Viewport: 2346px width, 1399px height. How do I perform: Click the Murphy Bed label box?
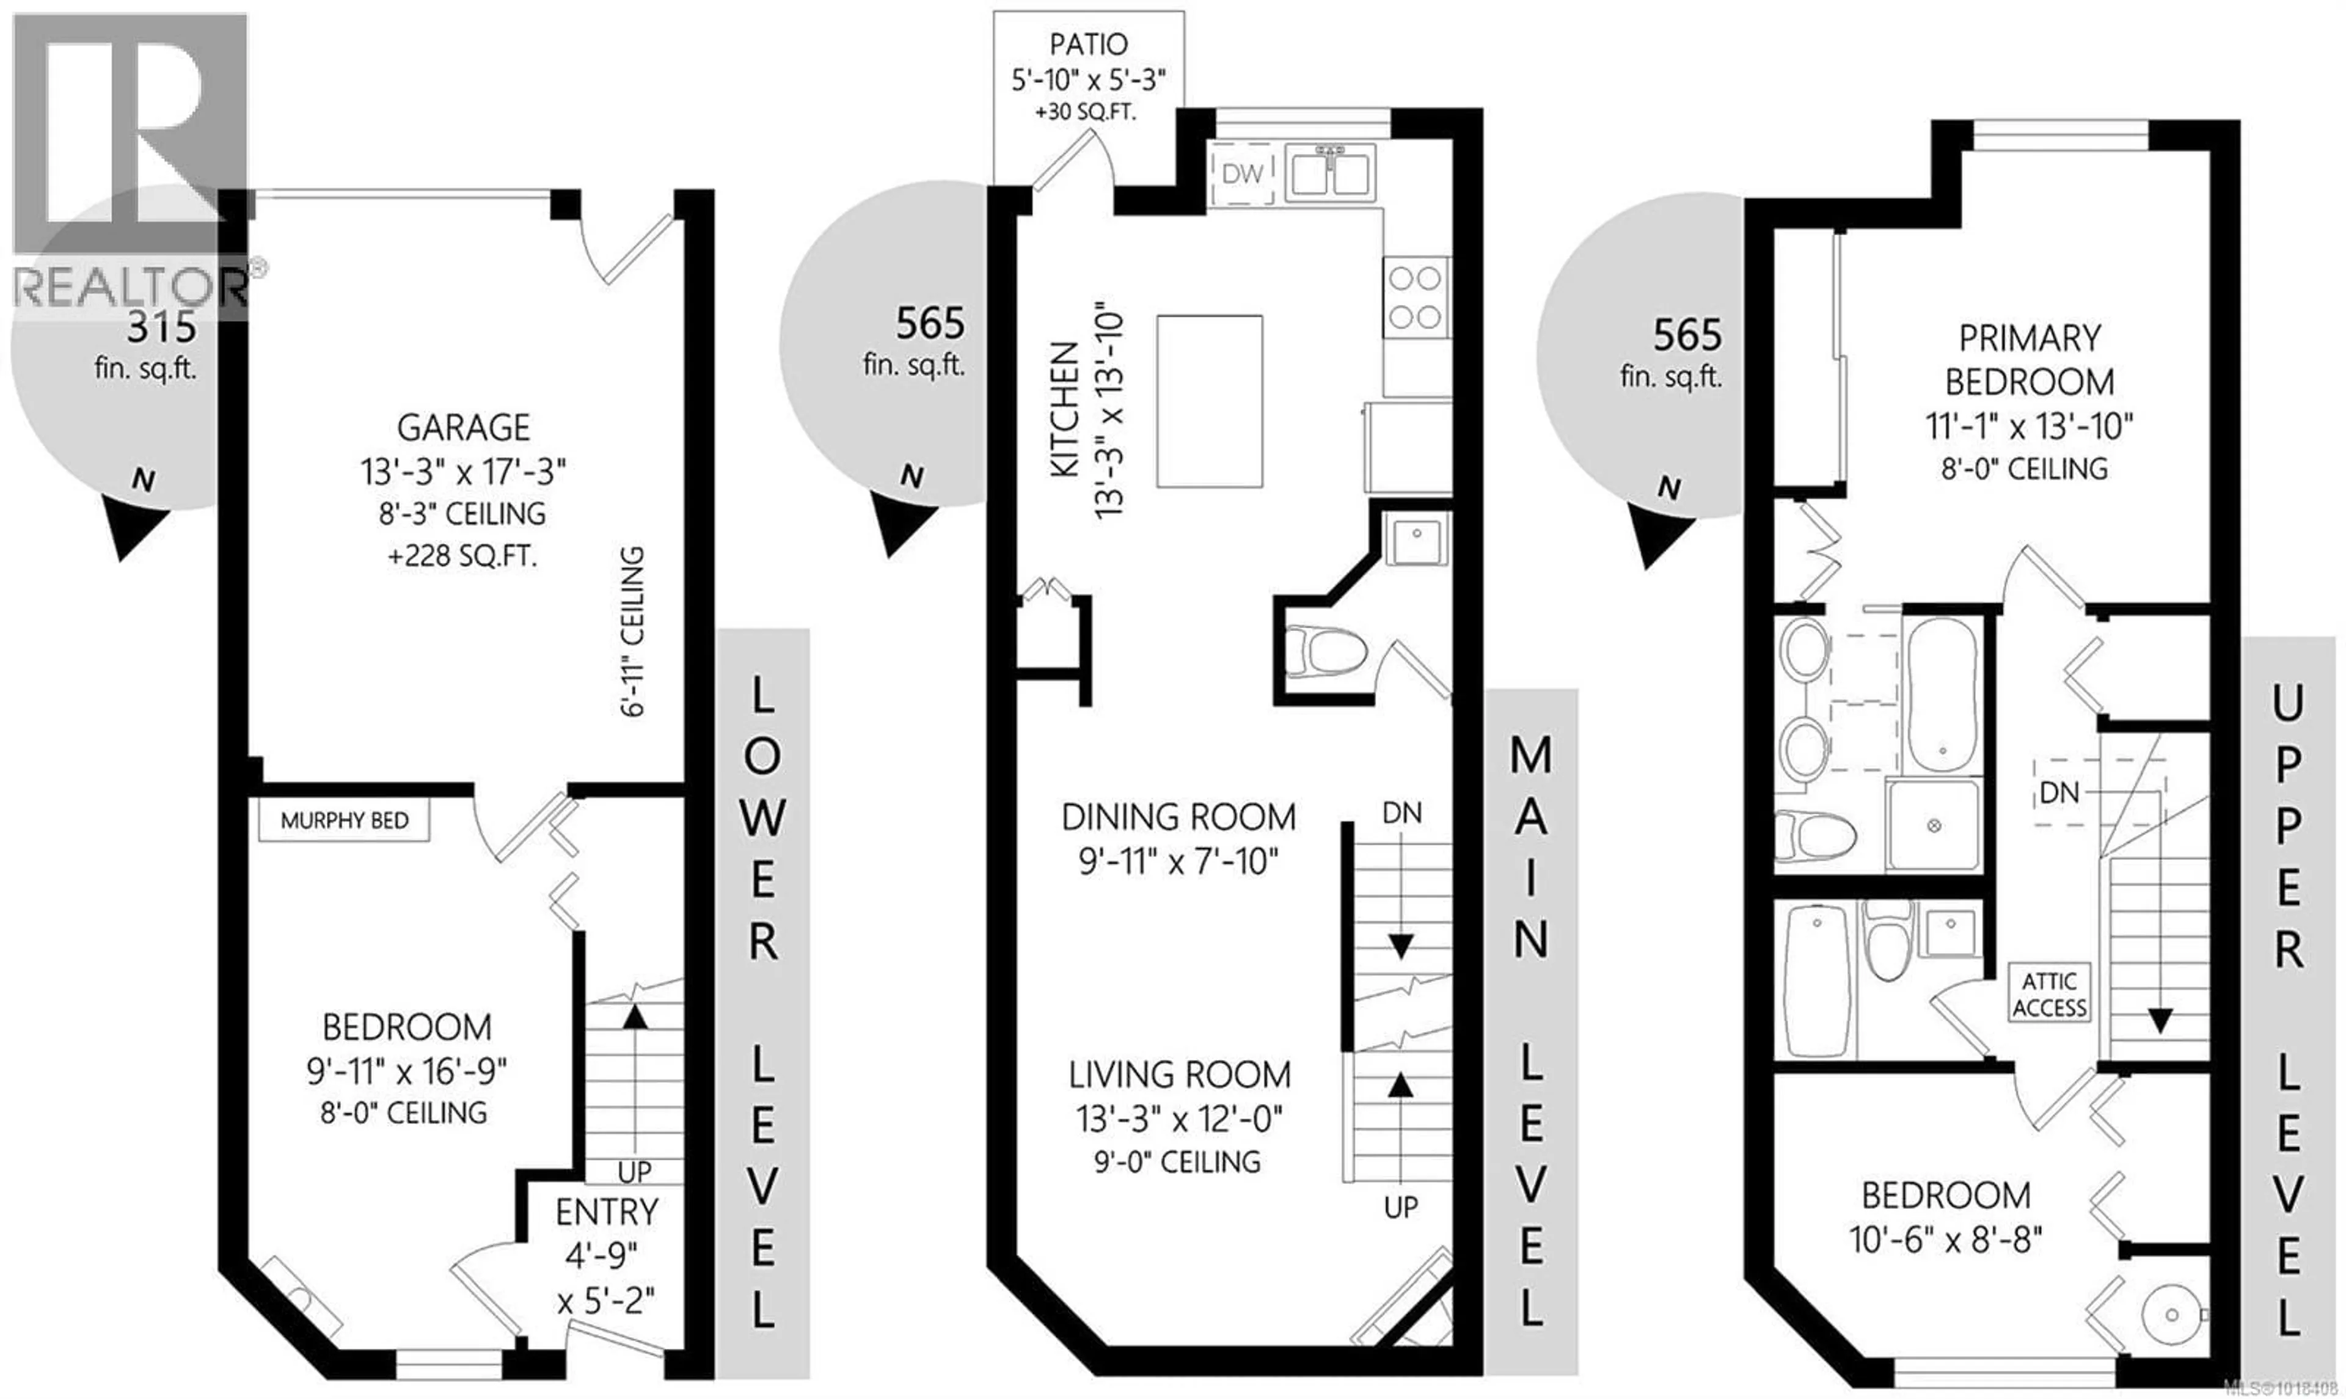(344, 820)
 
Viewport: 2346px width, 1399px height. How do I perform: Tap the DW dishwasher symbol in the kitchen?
(1241, 174)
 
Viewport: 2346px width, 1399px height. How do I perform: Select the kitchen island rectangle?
(1209, 401)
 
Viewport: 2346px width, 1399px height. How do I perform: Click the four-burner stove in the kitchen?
(1416, 297)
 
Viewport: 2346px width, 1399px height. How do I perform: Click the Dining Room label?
(1178, 816)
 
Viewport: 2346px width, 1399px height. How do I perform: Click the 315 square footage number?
(161, 327)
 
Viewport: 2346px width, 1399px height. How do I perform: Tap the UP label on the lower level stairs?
(634, 1172)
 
